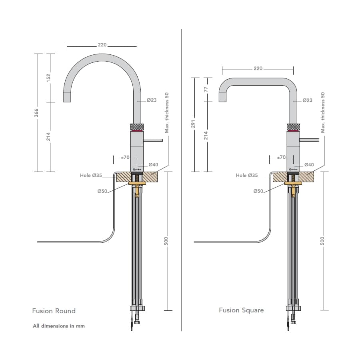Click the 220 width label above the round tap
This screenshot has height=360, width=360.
(102, 45)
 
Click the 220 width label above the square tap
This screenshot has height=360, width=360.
(258, 68)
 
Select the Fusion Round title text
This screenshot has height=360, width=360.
(54, 311)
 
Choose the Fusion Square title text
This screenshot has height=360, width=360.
(241, 310)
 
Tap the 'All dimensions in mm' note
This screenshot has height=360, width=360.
(59, 326)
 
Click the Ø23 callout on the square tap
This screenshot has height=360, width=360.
(307, 100)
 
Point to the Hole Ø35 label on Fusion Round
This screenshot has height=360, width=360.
(91, 175)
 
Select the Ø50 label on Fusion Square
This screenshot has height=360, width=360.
(258, 191)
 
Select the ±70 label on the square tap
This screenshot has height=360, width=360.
(282, 157)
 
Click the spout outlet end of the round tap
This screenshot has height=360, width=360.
(68, 97)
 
